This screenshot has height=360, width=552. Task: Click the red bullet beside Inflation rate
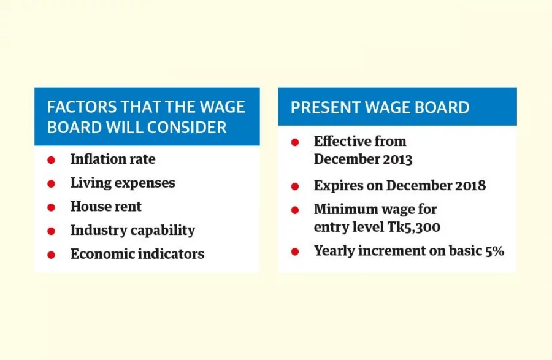(52, 160)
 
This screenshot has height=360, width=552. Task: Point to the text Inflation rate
(113, 159)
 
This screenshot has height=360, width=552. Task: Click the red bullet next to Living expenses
(52, 183)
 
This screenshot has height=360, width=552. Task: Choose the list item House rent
(106, 207)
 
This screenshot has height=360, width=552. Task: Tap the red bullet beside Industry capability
(52, 231)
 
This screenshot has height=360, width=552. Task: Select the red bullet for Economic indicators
(52, 255)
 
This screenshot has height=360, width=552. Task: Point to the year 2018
(469, 185)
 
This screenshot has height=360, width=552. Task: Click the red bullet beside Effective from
(295, 142)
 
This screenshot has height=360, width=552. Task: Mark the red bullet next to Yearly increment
(295, 251)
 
